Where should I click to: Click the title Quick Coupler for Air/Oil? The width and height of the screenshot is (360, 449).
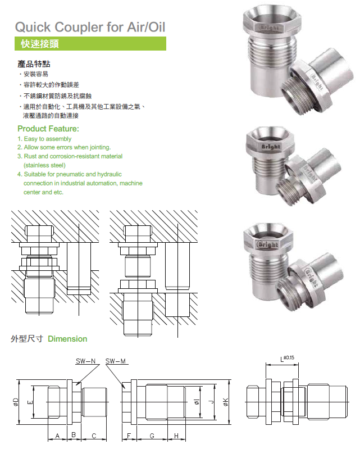point(90,26)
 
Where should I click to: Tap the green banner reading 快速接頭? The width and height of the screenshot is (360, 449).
point(39,43)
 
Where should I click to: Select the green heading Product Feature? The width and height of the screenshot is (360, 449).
point(48,129)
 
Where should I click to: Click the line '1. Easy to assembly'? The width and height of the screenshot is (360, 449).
point(44,138)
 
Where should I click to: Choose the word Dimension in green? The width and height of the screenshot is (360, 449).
point(67,339)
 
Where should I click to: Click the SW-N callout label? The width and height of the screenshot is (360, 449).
point(86,361)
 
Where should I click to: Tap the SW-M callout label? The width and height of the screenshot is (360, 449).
point(115,361)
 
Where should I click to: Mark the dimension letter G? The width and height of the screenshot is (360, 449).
point(152,436)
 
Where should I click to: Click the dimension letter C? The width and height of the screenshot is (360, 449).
point(94,436)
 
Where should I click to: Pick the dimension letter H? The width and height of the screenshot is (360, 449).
point(176,436)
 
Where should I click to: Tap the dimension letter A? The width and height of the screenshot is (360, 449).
point(57,436)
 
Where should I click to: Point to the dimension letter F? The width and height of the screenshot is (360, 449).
point(129,436)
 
